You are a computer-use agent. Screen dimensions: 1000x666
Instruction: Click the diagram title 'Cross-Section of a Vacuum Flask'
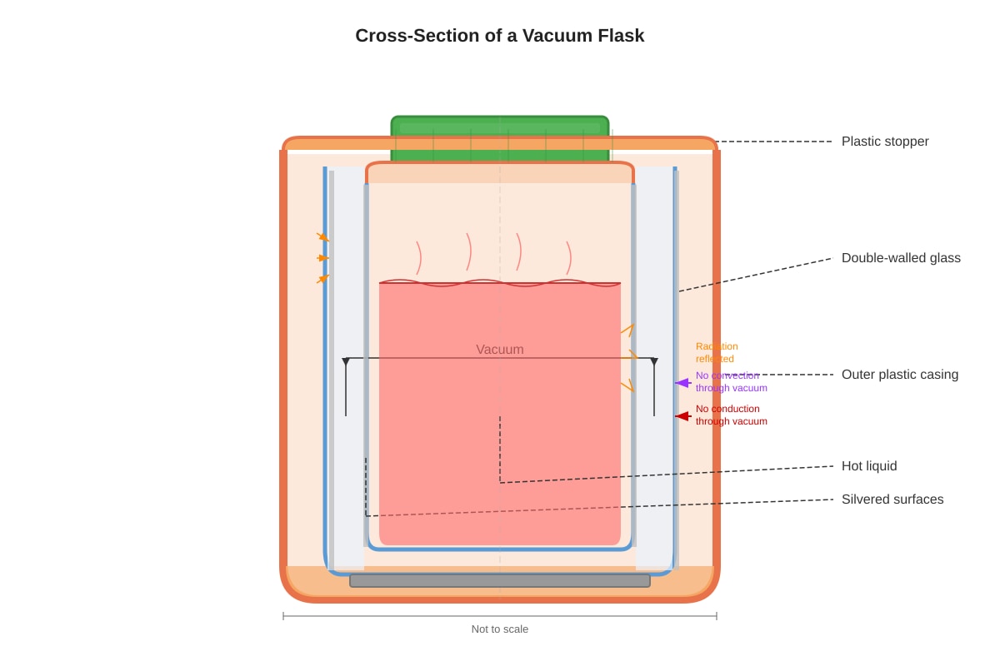[x=499, y=36]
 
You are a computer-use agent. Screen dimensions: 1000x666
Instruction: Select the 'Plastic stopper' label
[x=885, y=142]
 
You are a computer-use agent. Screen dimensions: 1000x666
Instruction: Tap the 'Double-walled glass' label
[x=901, y=258]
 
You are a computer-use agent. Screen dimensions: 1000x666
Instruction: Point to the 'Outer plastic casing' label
[x=899, y=375]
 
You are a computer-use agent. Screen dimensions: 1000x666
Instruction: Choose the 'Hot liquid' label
[x=868, y=465]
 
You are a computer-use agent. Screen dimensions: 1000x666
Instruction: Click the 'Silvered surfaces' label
[x=892, y=499]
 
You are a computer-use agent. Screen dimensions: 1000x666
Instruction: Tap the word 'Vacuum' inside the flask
[x=499, y=350]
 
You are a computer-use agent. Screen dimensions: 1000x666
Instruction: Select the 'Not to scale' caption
[x=499, y=629]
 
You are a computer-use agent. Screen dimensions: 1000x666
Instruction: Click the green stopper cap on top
[x=500, y=138]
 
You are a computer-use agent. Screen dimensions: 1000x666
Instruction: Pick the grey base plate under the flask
[x=500, y=581]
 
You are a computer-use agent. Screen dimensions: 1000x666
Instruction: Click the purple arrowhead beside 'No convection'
[x=683, y=383]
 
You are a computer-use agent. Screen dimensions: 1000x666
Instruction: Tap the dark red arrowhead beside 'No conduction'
[x=683, y=416]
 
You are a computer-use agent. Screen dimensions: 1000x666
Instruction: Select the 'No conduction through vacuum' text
[x=732, y=415]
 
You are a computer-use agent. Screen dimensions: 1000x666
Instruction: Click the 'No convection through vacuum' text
[x=732, y=381]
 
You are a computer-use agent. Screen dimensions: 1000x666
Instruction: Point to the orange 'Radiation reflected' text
[x=717, y=352]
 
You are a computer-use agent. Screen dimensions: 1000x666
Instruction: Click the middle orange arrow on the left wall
[x=322, y=258]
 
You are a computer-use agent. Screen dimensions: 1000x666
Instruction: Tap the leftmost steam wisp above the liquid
[x=418, y=258]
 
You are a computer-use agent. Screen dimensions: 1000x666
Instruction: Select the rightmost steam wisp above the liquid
[x=568, y=258]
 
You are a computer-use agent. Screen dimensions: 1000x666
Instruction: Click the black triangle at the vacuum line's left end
[x=346, y=361]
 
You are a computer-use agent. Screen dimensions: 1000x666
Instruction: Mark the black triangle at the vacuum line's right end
[x=654, y=361]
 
